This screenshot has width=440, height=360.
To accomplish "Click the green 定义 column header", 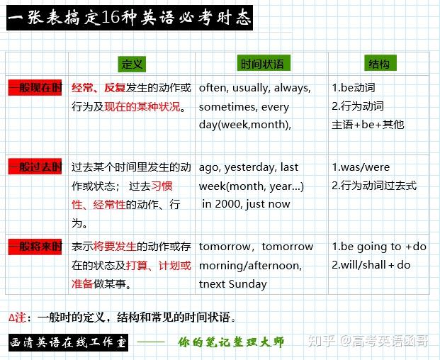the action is [132, 64].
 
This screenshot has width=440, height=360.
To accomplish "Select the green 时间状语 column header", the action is [264, 63].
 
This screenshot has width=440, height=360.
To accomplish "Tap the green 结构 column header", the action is [380, 63].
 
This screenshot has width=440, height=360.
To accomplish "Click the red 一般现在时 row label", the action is [35, 88].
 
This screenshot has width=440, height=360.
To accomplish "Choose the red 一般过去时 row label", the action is [35, 167].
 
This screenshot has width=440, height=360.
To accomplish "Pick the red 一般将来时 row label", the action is [35, 247].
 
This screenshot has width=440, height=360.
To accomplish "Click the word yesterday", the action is [249, 167].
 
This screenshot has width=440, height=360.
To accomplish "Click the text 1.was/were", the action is [361, 167].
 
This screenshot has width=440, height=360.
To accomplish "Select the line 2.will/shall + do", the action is [371, 265].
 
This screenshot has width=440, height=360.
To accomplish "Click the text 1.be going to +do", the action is [379, 247].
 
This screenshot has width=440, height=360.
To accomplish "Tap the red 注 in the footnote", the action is [21, 317].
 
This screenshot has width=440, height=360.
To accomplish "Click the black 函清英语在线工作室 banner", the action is [69, 342].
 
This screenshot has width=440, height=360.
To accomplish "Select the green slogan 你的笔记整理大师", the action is [231, 342].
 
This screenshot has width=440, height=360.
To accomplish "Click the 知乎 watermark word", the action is [322, 342].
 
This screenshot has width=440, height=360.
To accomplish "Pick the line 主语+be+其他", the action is [368, 125].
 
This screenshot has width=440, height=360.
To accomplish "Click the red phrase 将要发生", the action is [115, 247].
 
